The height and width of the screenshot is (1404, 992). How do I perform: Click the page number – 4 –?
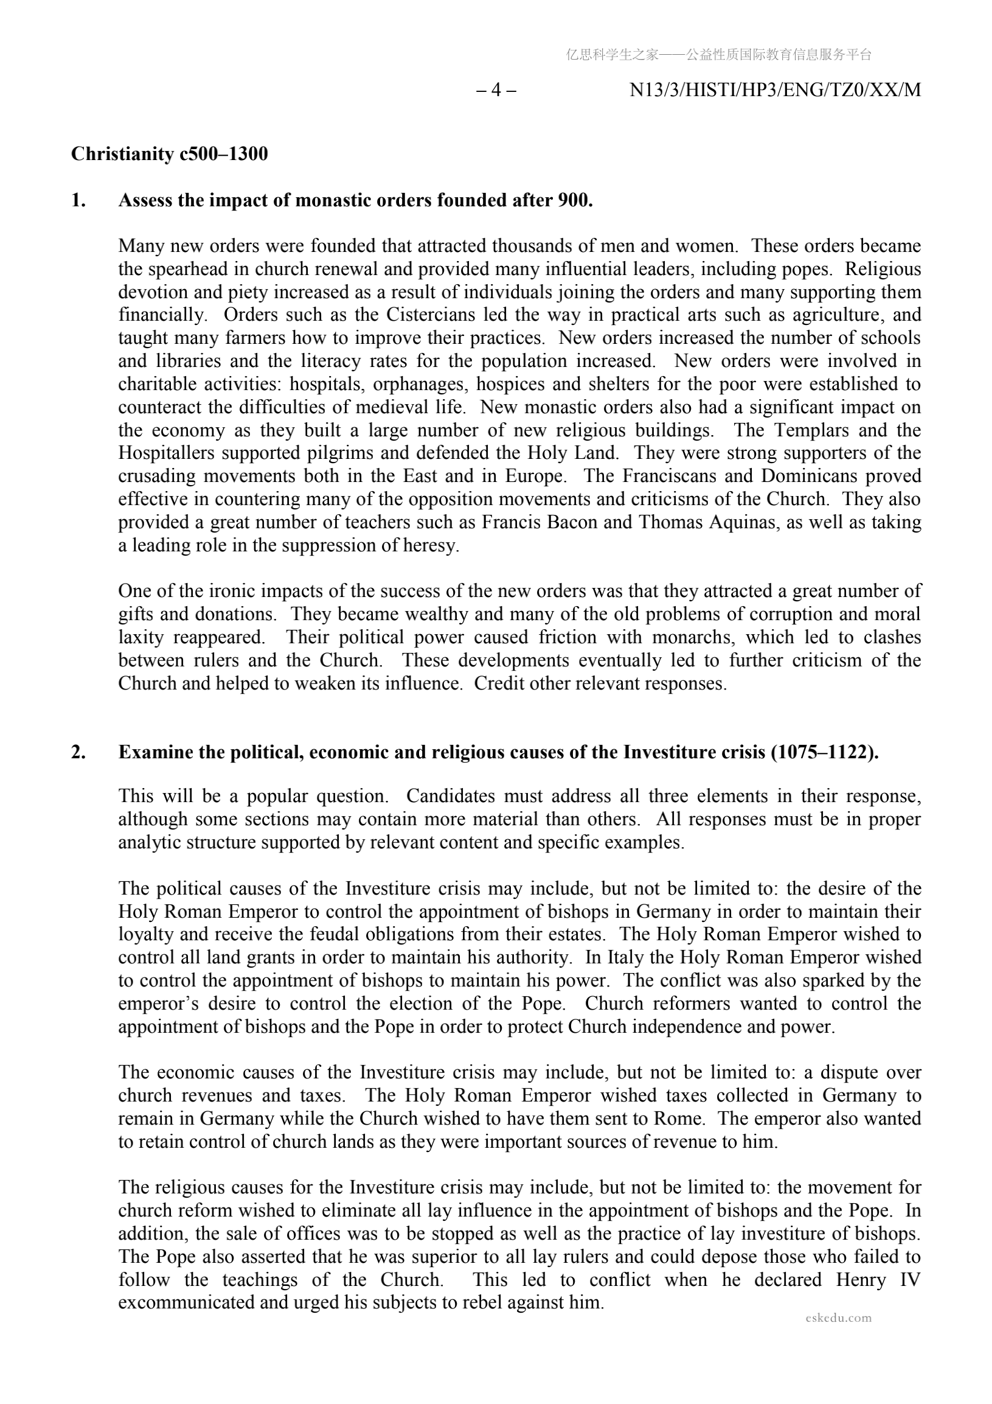tap(496, 91)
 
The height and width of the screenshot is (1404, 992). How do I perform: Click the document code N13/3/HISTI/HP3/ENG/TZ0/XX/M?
tap(774, 91)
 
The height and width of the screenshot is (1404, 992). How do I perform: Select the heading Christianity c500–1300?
tap(169, 154)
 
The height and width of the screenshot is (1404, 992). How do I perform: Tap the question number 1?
tap(78, 201)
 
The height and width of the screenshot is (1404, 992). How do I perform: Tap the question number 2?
tap(78, 752)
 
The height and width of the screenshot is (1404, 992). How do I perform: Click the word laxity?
tap(140, 637)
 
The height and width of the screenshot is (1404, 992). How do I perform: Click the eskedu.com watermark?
tap(839, 1318)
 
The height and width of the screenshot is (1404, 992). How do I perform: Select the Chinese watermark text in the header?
tap(718, 55)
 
